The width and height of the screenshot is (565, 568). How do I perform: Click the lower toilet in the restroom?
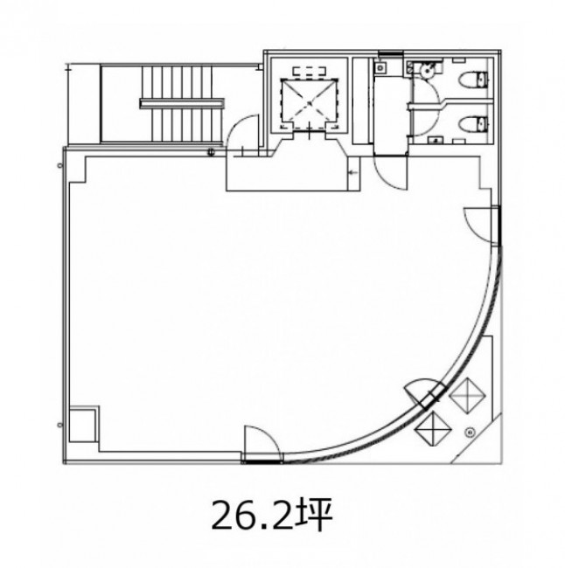tap(473, 124)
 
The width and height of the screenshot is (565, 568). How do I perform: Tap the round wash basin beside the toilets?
tap(428, 70)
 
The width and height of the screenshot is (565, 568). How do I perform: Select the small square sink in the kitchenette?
tap(380, 68)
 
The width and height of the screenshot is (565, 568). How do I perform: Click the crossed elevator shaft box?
tap(310, 104)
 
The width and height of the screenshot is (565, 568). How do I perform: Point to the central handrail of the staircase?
tap(182, 104)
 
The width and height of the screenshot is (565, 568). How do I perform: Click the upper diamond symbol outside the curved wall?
tap(467, 395)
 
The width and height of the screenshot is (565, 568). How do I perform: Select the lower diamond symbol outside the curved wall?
tap(433, 429)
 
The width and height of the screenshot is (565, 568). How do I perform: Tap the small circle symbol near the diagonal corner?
tap(471, 432)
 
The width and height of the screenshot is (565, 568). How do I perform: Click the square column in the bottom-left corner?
tap(84, 425)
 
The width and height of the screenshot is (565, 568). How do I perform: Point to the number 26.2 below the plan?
tap(252, 516)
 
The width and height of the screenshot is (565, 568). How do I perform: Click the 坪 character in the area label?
tap(314, 515)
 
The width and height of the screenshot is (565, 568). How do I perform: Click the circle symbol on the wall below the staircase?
tap(211, 152)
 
